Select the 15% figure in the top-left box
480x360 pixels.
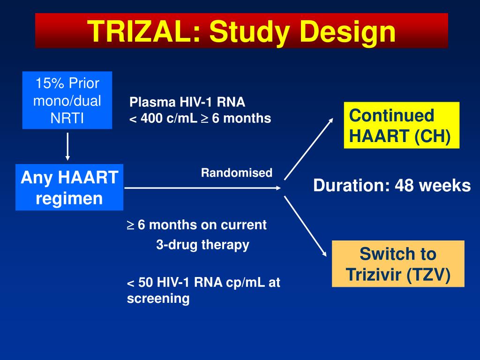tap(50, 83)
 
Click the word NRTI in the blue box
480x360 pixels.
tap(67, 118)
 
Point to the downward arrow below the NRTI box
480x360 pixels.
tap(67, 146)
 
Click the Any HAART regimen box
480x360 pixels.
tap(69, 187)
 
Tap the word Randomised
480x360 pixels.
tap(237, 172)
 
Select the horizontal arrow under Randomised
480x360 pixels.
tap(202, 188)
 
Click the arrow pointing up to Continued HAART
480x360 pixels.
tap(308, 149)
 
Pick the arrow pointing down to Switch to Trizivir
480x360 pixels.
tap(306, 226)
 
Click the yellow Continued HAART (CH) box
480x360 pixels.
tap(402, 125)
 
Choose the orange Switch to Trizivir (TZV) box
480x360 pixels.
tap(398, 264)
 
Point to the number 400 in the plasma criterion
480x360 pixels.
tap(151, 118)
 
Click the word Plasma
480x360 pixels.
tap(152, 102)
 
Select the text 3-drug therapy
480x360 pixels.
tap(202, 245)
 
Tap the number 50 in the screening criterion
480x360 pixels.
tap(146, 282)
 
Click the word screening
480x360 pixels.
tap(158, 299)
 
